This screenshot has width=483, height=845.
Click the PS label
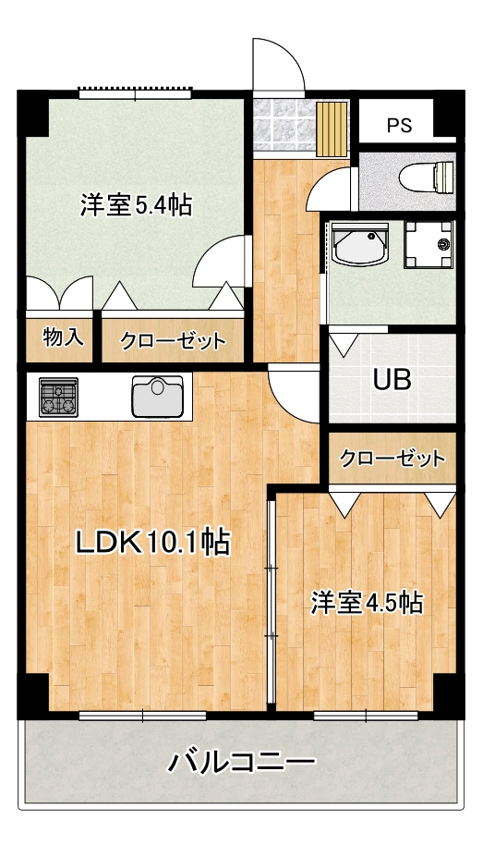coord(399,125)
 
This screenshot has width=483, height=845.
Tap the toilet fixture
coord(427,177)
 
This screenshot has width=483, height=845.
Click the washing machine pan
coord(429,244)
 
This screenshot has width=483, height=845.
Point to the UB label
coord(392,379)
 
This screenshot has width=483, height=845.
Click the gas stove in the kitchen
coord(58,396)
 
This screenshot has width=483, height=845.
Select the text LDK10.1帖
coord(152,542)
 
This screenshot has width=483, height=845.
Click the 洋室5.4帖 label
coord(136,205)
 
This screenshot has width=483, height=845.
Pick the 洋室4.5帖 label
coord(366,603)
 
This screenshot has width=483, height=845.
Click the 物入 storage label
coord(63,337)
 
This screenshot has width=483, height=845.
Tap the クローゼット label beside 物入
coord(173,340)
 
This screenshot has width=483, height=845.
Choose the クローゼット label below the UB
coord(392,459)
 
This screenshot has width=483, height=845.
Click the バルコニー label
coord(241,762)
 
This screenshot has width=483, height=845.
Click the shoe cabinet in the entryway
coord(332,128)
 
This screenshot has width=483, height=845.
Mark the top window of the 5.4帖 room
coord(135,93)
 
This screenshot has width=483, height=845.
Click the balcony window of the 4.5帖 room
coord(366,716)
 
